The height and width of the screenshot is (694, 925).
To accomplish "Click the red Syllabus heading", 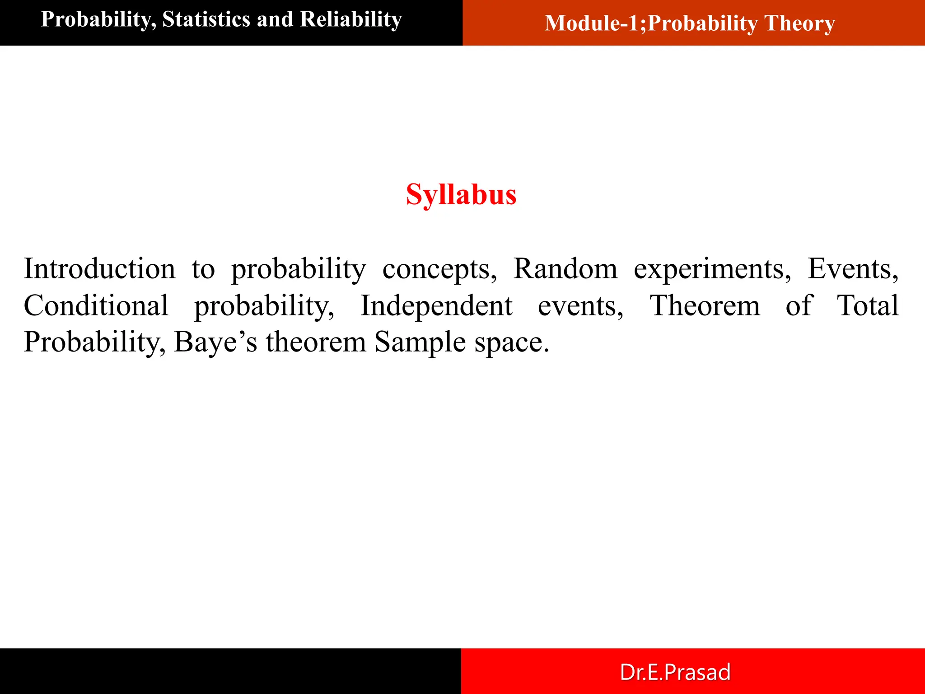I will (x=461, y=195).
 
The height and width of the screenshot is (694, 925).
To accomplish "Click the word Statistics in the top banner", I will (x=206, y=19).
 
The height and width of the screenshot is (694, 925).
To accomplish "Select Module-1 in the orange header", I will (x=595, y=23).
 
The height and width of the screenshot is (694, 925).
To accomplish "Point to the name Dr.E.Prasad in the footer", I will (x=675, y=672).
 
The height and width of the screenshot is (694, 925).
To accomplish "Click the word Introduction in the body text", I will (x=99, y=269).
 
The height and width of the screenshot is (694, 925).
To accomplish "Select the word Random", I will (x=565, y=269).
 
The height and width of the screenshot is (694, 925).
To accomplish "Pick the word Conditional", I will (x=96, y=305).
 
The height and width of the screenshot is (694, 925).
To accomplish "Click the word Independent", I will (x=436, y=305).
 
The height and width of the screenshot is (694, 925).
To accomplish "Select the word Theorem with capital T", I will (x=705, y=305).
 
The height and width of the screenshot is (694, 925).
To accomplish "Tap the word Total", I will (x=868, y=305).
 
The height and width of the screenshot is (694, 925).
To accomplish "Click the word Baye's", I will (x=215, y=342).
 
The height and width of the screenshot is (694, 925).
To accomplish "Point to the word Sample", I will (x=420, y=342).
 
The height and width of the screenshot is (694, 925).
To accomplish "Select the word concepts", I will (x=439, y=270).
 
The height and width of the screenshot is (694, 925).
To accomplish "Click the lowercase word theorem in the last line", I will (x=316, y=342).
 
